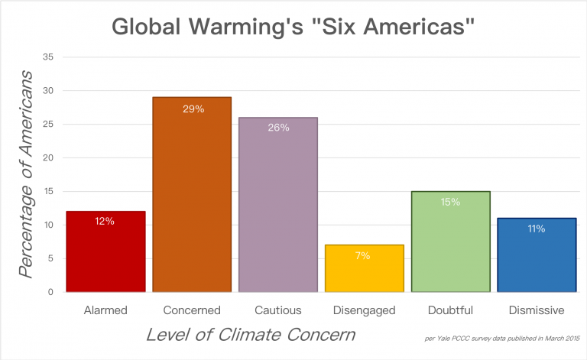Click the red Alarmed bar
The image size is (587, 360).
pyautogui.click(x=105, y=252)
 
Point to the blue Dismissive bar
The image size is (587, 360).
pyautogui.click(x=536, y=255)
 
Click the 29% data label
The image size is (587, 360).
pyautogui.click(x=193, y=109)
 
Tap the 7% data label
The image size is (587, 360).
pyautogui.click(x=364, y=256)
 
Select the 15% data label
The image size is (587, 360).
pyautogui.click(x=450, y=202)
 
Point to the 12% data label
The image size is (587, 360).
pyautogui.click(x=105, y=222)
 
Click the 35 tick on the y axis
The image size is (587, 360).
pyautogui.click(x=47, y=57)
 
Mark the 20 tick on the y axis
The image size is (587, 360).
pyautogui.click(x=47, y=158)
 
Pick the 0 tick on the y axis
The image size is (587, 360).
pyautogui.click(x=50, y=292)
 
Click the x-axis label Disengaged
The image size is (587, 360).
pyautogui.click(x=364, y=310)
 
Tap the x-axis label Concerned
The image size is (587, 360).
pyautogui.click(x=192, y=310)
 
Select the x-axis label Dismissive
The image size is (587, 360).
pyautogui.click(x=536, y=310)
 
